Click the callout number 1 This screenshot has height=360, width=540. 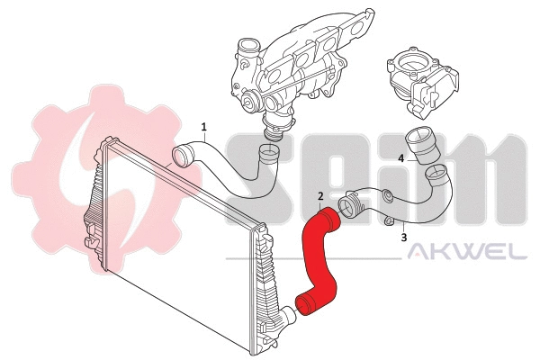[204, 126]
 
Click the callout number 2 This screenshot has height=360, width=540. [319, 195]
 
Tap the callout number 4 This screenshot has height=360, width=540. [400, 158]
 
